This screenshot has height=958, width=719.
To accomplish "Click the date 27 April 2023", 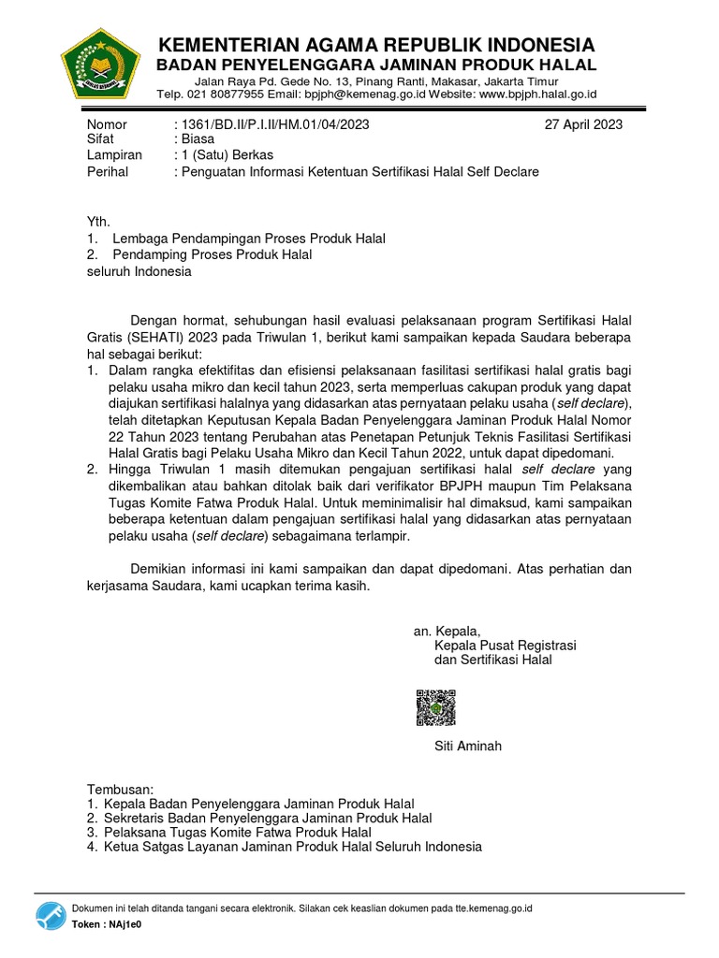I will click(x=583, y=124).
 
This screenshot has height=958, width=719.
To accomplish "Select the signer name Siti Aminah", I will click(x=468, y=746).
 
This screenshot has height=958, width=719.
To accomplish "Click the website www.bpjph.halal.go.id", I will click(x=537, y=94).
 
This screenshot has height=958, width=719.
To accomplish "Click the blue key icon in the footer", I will click(x=51, y=917).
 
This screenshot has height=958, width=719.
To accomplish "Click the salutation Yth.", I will click(x=98, y=223).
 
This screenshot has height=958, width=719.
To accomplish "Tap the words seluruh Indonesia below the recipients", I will click(x=139, y=271).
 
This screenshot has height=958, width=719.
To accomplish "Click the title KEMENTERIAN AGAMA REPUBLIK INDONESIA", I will click(x=375, y=45).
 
